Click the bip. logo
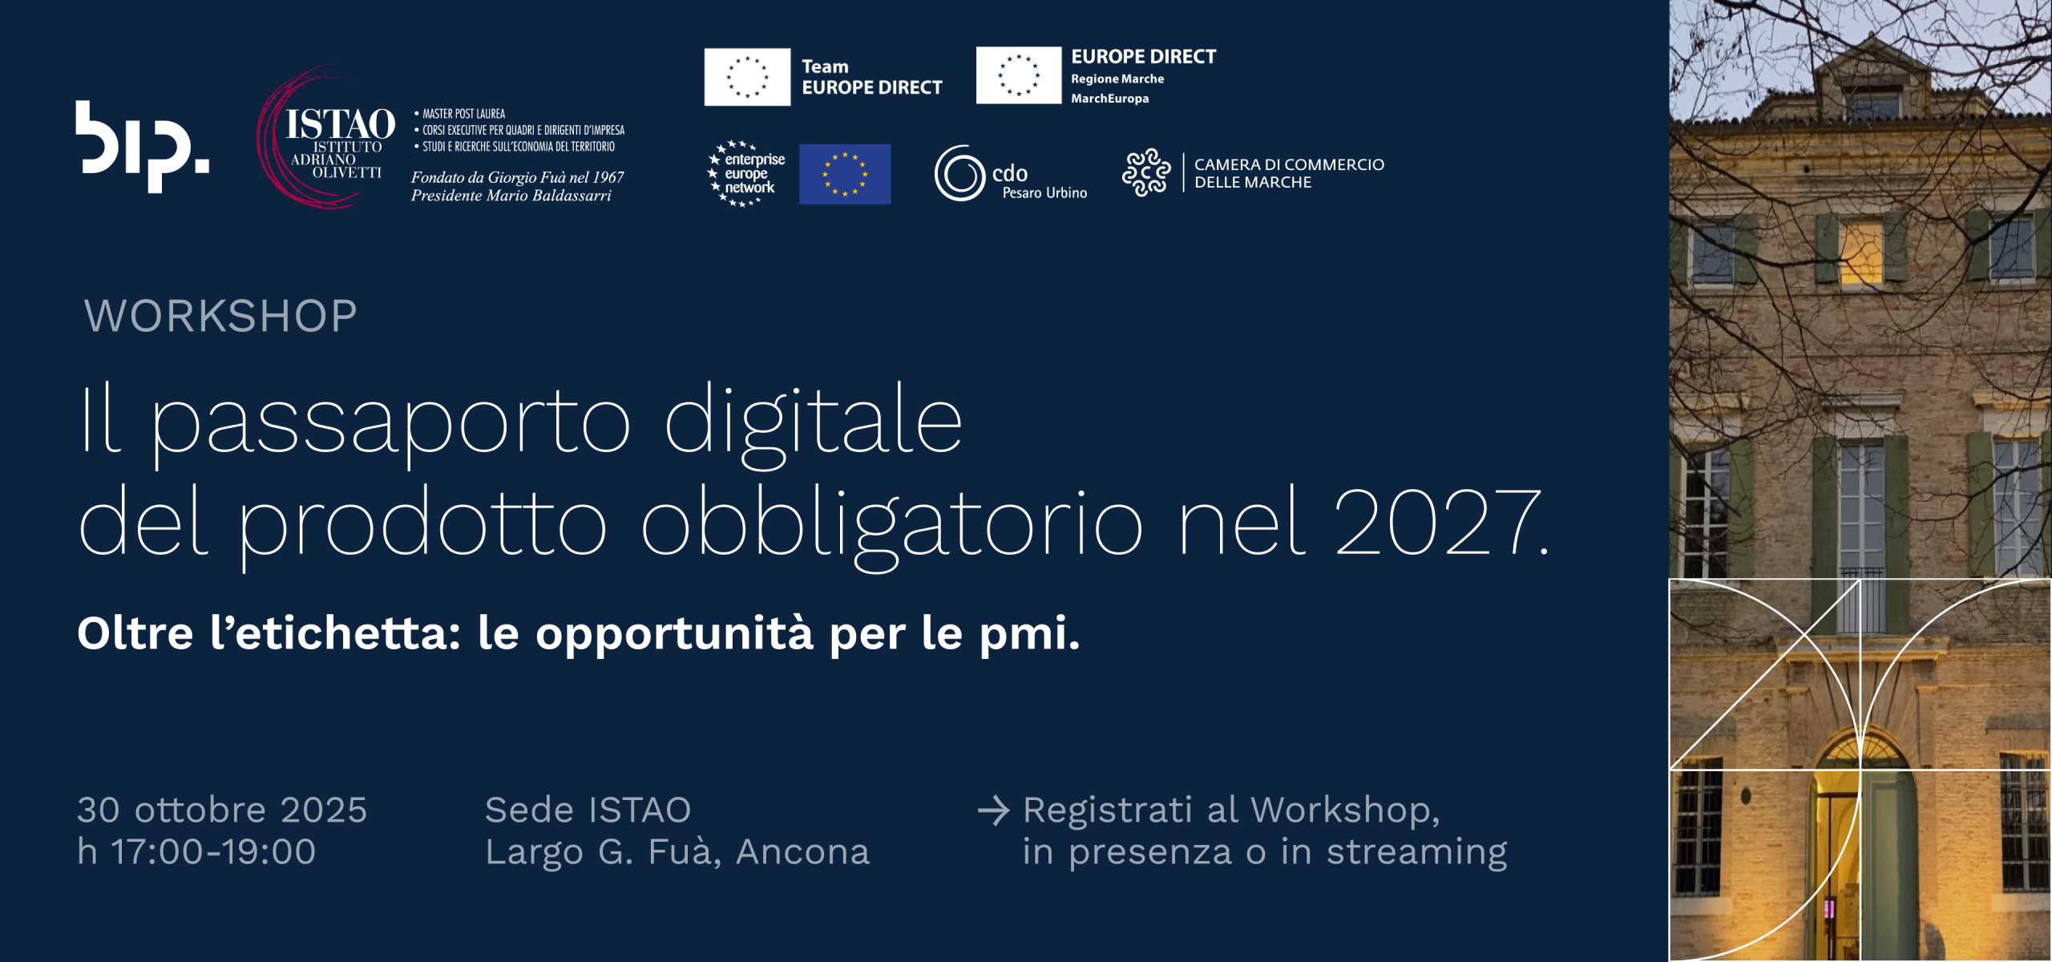tap(142, 147)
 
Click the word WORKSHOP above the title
tap(220, 315)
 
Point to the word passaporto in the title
tap(391, 424)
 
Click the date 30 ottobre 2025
tap(222, 810)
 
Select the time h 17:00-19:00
tap(196, 851)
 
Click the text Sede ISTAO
tap(588, 810)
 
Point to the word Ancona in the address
tap(802, 851)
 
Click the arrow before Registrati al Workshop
tap(994, 810)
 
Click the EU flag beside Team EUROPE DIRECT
tap(747, 77)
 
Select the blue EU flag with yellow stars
tap(845, 174)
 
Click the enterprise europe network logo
tap(746, 174)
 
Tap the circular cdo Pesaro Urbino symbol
tap(959, 173)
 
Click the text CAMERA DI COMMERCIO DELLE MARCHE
tap(1289, 173)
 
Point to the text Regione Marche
tap(1117, 79)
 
